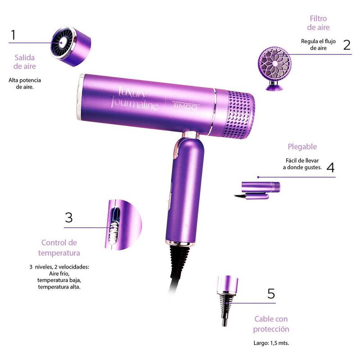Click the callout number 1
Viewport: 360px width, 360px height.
(x=13, y=35)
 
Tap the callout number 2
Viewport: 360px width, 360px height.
(x=346, y=45)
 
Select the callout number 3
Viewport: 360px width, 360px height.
(x=68, y=218)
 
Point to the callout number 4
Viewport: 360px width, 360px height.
(x=330, y=167)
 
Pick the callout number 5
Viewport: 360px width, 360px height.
(x=270, y=293)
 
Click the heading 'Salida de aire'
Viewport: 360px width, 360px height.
(x=24, y=62)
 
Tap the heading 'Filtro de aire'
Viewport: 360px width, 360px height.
(x=318, y=23)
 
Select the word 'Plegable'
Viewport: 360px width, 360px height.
(x=302, y=147)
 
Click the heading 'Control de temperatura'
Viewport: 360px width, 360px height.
(x=59, y=247)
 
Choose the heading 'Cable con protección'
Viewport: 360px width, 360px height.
(x=271, y=324)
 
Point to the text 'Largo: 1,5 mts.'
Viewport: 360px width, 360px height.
(x=271, y=343)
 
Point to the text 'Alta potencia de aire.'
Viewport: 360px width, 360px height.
(x=24, y=83)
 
